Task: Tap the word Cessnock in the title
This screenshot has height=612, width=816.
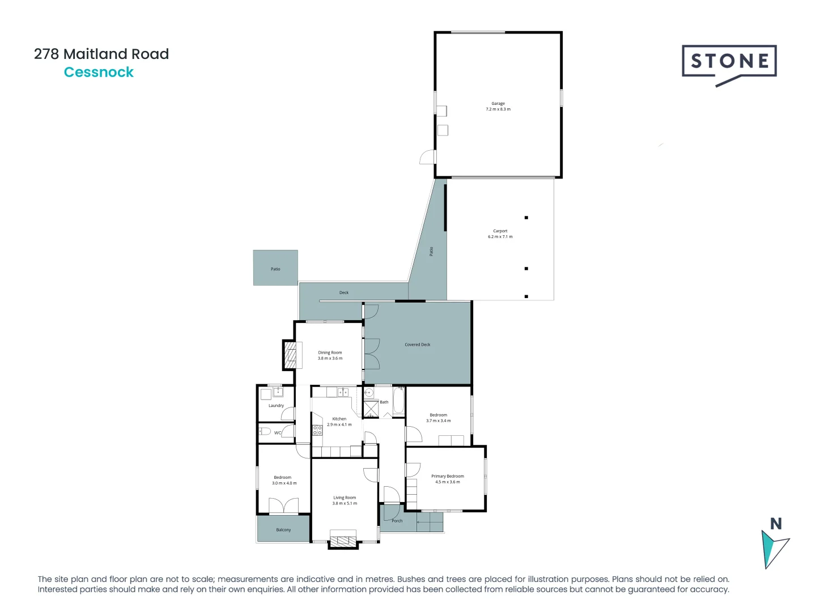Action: coord(99,73)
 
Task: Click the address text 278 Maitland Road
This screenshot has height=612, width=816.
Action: coord(101,54)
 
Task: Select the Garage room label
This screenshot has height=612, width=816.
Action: coord(498,104)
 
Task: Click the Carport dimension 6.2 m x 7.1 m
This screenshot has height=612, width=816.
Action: coord(500,237)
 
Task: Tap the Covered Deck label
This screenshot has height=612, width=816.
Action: coord(417,345)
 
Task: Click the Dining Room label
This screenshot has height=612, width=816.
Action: coord(330,352)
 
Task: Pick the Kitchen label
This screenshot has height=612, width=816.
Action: coord(339,419)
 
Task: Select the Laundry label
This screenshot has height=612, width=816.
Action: coord(276,406)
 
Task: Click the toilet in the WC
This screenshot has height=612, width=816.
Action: coord(265,432)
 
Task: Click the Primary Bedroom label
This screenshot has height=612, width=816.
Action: coord(447,476)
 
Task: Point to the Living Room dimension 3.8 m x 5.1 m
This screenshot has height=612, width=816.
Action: coord(345,503)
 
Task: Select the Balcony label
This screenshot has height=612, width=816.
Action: coord(283,530)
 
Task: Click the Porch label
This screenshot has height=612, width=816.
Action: coord(397,521)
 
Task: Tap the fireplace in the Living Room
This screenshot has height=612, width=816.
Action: coord(343,541)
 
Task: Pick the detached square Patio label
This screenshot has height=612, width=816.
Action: coord(275,269)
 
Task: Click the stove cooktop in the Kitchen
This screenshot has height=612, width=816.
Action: coord(317,430)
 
